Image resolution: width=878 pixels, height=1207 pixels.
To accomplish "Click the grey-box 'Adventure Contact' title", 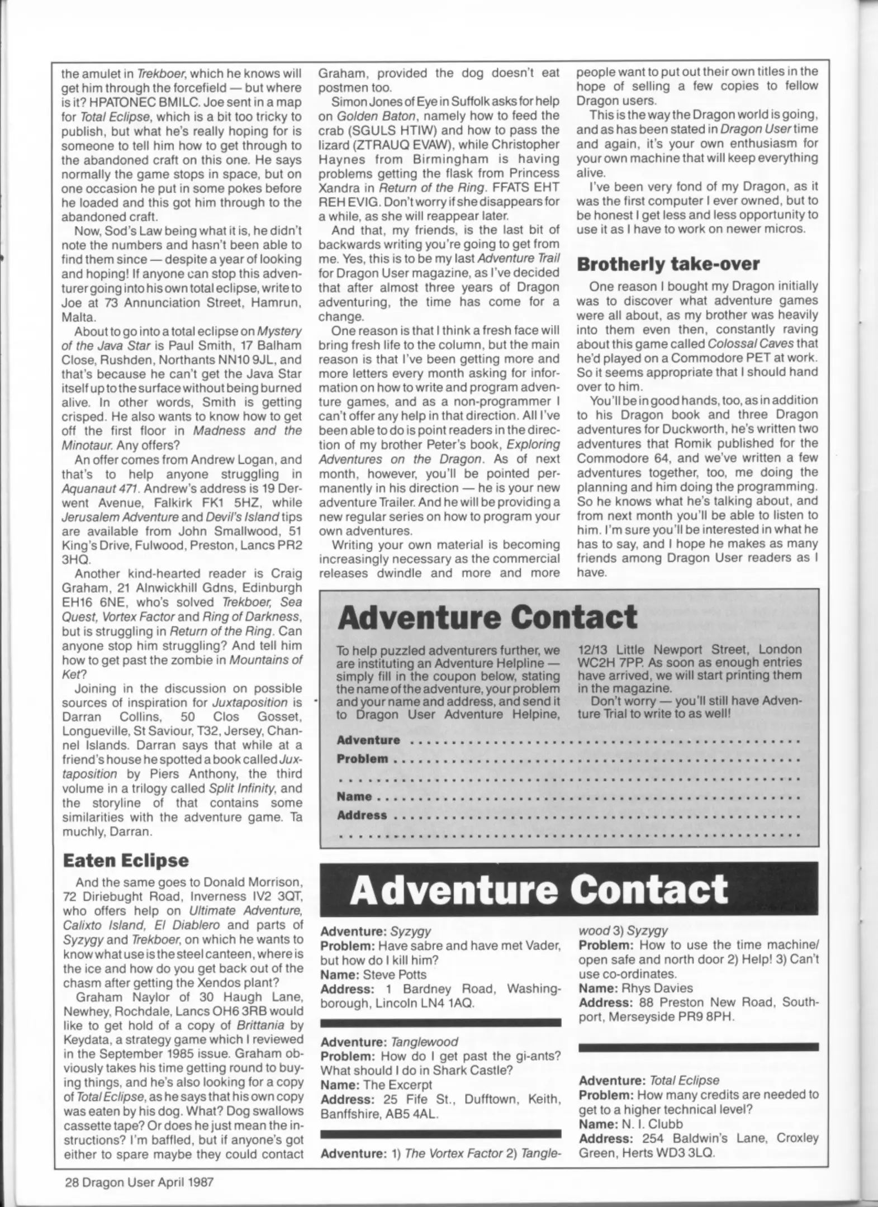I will pyautogui.click(x=487, y=618).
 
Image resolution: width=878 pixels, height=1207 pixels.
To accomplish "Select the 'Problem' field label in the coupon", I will pyautogui.click(x=362, y=759).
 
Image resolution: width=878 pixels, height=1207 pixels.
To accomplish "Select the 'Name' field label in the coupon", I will pyautogui.click(x=354, y=796).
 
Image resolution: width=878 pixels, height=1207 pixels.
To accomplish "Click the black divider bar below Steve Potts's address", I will pyautogui.click(x=440, y=1022).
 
